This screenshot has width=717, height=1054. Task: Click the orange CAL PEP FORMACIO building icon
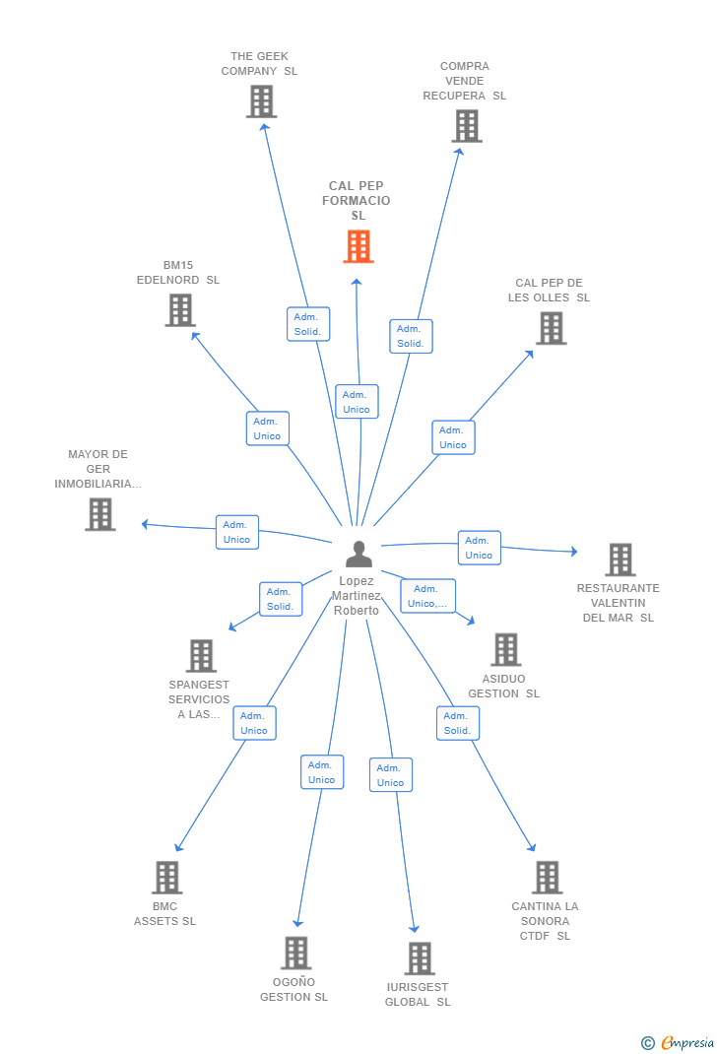358,246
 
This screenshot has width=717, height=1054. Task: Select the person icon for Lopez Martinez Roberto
358,554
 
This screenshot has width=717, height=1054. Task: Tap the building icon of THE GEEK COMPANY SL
261,101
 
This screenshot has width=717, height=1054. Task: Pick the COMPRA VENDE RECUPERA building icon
467,126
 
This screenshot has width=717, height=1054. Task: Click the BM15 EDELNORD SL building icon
180,310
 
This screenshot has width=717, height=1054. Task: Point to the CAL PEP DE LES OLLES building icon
551,328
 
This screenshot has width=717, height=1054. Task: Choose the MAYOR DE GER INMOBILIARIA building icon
100,514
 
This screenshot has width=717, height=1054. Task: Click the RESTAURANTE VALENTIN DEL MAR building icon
620,560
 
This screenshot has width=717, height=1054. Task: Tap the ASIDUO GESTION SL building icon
505,649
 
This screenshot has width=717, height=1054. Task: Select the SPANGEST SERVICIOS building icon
201,655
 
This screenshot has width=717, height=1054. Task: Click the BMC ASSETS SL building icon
166,878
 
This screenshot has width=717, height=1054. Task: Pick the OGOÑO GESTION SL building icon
295,953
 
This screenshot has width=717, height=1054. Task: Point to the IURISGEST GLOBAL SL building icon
420,957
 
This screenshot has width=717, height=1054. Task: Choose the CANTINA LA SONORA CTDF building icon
547,878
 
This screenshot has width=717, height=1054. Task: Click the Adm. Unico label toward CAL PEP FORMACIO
357,401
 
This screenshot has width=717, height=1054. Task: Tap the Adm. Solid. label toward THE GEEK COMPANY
308,324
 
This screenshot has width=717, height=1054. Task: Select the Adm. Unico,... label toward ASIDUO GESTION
428,596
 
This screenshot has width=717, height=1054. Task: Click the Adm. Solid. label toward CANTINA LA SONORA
458,723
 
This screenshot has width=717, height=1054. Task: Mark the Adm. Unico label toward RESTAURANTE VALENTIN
479,547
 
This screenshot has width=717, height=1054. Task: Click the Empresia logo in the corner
678,1042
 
